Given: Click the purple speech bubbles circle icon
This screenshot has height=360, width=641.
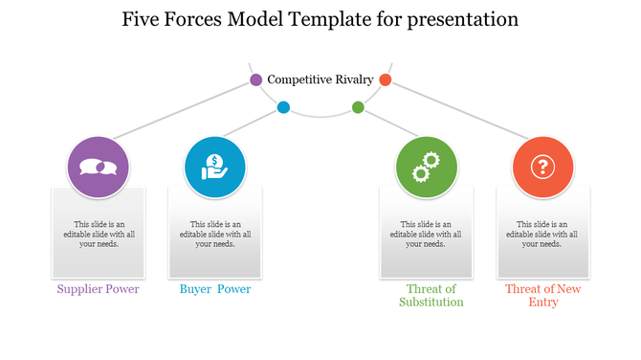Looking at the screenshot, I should tap(98, 168).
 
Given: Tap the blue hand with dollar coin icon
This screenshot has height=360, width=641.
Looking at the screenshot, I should tap(215, 168).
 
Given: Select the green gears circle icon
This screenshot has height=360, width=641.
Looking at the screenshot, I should tap(427, 168).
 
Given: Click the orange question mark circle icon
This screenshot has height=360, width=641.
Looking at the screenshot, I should tap(543, 168).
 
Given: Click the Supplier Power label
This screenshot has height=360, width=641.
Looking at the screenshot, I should tap(98, 289).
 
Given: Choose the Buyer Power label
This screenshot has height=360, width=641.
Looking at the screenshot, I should tap(215, 289).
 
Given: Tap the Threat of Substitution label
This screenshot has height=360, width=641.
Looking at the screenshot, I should tap(431, 295).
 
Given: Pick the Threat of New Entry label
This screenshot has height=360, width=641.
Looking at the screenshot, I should tap(543, 295).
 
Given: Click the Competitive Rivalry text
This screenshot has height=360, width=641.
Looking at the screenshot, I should tap(320, 79).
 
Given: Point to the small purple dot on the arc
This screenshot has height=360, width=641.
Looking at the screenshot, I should tap(256, 79).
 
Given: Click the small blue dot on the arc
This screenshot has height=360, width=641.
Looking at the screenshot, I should tap(283, 107).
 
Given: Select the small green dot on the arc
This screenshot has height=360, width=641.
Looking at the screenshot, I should tap(358, 107).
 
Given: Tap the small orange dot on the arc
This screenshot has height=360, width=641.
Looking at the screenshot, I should tap(386, 79).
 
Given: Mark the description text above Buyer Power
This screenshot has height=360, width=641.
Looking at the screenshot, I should tap(215, 234).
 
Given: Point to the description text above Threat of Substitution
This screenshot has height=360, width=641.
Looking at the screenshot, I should tap(427, 234).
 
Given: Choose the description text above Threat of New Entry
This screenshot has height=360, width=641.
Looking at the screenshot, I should tap(543, 234).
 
